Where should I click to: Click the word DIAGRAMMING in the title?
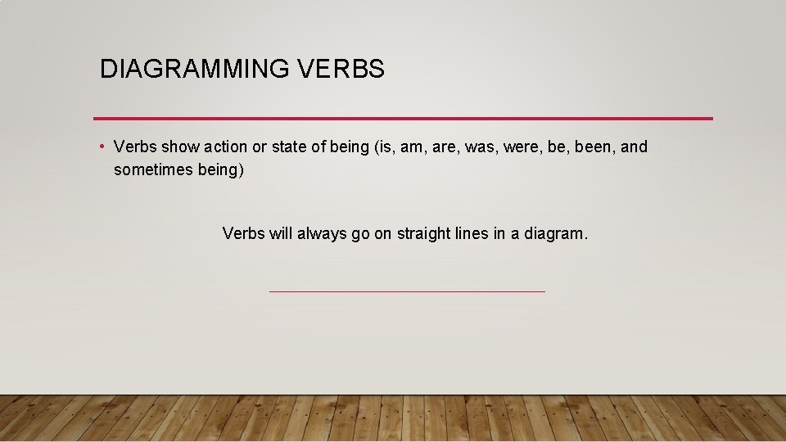192,70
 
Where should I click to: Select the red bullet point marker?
101,147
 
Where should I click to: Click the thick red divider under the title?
403,118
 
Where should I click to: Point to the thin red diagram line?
406,291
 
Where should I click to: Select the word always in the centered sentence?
322,233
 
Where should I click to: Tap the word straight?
423,233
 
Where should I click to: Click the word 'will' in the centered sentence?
280,233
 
